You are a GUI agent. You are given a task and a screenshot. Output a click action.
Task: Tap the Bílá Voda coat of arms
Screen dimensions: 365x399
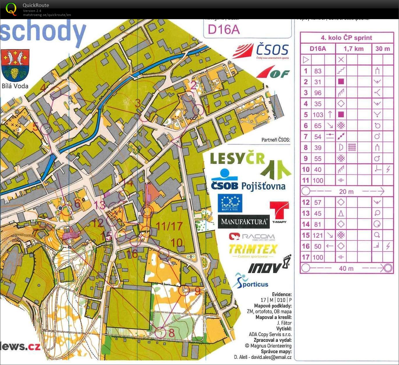(x=15, y=65)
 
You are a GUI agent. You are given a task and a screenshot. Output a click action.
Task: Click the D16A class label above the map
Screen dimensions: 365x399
(x=224, y=29)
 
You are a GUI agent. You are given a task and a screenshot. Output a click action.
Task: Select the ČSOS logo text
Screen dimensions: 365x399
(x=272, y=50)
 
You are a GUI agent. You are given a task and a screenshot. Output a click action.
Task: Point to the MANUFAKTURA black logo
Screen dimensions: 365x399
(x=244, y=222)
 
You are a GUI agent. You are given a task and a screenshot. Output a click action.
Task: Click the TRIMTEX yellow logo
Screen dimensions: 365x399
(x=253, y=249)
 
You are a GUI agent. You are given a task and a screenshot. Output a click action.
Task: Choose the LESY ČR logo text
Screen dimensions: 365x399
(x=237, y=159)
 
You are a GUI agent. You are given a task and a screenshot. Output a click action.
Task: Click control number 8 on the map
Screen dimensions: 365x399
(x=171, y=333)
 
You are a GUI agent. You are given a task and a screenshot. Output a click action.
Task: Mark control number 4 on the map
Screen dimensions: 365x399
(x=43, y=88)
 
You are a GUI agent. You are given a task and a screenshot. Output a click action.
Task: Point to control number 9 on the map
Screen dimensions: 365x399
(x=198, y=291)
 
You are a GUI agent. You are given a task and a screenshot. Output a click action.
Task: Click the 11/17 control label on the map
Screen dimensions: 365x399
(x=169, y=226)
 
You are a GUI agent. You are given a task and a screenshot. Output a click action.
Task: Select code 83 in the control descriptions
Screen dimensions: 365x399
(x=318, y=71)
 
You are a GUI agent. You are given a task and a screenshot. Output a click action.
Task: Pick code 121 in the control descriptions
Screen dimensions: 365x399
(x=318, y=235)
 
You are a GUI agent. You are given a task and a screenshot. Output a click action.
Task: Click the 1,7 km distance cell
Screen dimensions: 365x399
(x=353, y=49)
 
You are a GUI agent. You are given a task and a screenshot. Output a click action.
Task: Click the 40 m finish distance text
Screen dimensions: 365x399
(x=346, y=268)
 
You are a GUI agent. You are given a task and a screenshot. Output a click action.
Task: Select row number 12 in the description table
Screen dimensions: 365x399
(x=306, y=202)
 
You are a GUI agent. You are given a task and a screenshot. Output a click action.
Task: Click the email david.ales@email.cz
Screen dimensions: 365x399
(x=271, y=357)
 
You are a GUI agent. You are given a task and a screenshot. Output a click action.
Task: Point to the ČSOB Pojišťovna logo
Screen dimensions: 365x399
(x=248, y=181)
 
